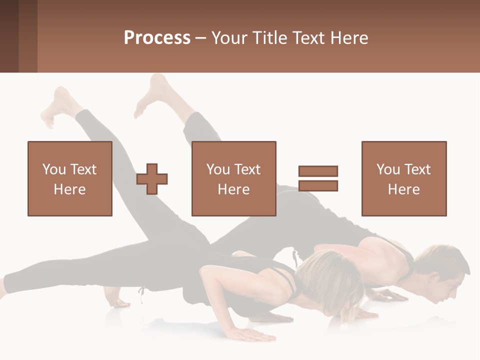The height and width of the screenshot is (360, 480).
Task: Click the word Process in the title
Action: click(157, 38)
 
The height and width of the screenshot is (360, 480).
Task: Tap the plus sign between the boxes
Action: click(152, 178)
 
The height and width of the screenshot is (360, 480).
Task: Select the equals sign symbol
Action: click(318, 178)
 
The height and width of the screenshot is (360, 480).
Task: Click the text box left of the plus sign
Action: click(70, 178)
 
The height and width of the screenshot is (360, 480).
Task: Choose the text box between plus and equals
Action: click(233, 178)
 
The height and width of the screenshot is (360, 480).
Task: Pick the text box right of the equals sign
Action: click(403, 178)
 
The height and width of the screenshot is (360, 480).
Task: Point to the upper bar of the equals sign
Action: click(318, 171)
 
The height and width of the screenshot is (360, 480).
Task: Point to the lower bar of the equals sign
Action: click(318, 186)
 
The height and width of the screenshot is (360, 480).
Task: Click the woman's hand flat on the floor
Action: click(250, 333)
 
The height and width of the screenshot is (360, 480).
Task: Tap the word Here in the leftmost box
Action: click(70, 189)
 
